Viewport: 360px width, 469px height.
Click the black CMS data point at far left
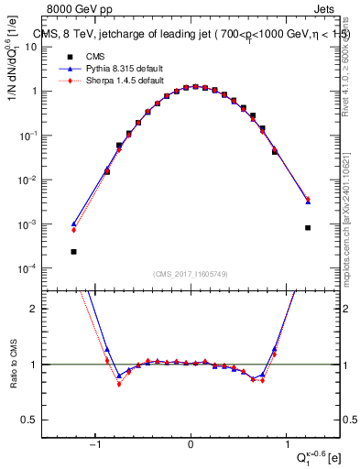click(x=73, y=251)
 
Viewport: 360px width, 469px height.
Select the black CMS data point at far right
click(x=308, y=228)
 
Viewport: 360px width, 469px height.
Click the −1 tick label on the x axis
click(x=94, y=446)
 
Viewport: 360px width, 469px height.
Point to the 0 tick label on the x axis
click(x=191, y=446)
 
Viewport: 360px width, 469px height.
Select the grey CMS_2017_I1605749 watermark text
click(x=191, y=274)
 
